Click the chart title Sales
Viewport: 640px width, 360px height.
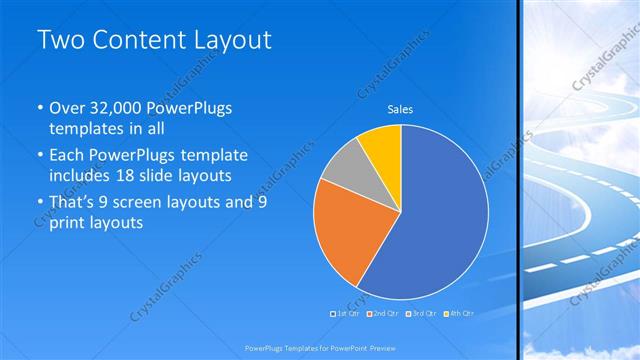[400, 109]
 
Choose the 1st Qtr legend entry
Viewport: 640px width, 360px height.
[346, 313]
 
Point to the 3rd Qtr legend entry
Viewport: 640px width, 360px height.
[421, 313]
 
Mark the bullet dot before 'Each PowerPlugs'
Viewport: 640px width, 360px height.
[39, 157]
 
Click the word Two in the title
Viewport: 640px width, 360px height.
[59, 41]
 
